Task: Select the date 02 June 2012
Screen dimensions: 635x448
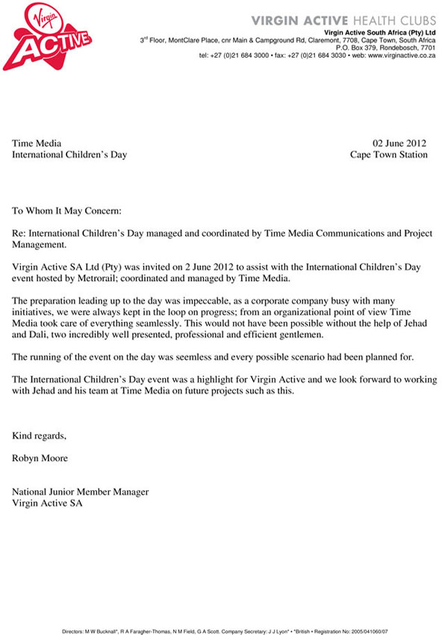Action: coord(400,143)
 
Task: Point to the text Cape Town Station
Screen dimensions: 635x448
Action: coord(389,155)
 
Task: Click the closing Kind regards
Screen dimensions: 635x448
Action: coord(40,436)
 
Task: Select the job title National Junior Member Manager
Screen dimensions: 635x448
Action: coord(81,492)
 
